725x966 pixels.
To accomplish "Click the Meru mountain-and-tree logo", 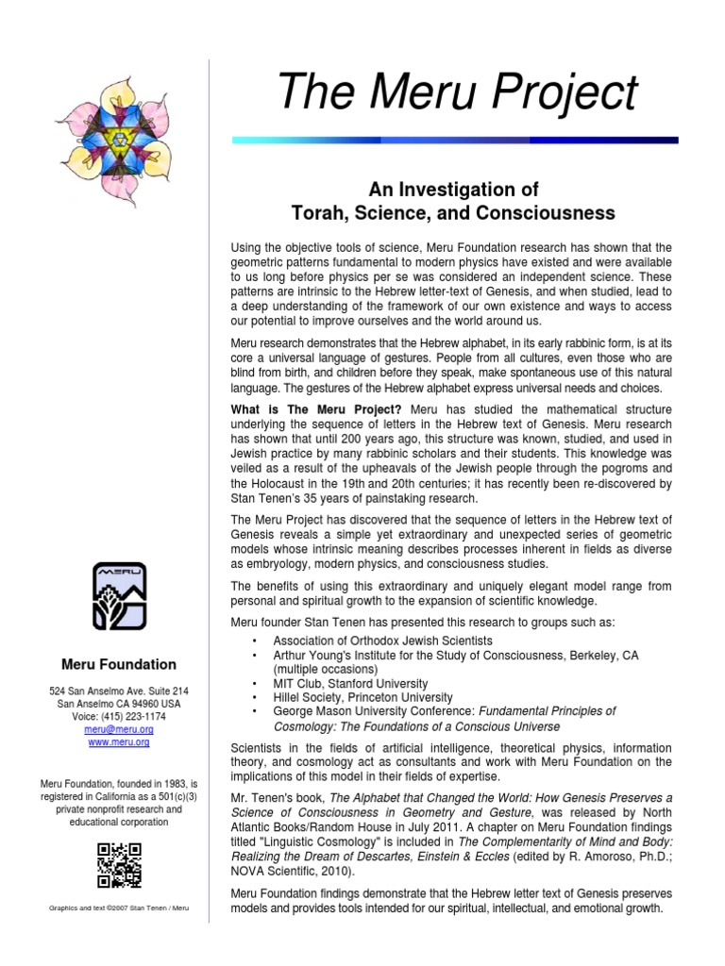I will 119,596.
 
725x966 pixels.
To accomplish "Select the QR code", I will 119,863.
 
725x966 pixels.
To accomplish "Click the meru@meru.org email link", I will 119,729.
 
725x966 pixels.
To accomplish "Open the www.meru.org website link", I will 119,742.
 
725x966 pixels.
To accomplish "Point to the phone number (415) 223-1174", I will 119,716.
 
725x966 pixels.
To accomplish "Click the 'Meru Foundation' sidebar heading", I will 119,664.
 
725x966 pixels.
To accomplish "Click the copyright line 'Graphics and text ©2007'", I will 119,908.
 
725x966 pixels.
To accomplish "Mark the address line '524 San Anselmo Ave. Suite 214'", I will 119,691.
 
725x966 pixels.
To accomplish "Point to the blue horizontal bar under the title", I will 454,140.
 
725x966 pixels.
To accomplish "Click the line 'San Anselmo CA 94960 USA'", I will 119,704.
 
